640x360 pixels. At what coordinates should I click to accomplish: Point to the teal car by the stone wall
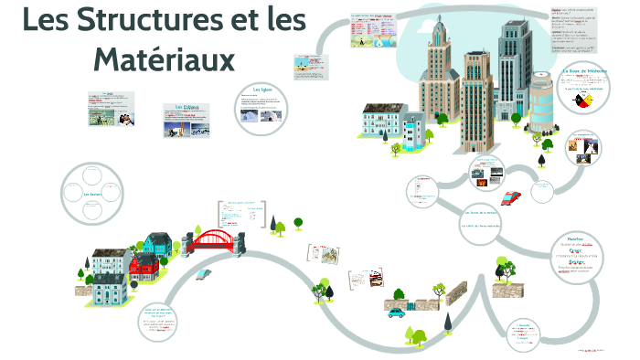pos(396,312)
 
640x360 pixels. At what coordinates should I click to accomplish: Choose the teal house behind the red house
pos(156,243)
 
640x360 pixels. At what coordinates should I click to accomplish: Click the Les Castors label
pos(92,195)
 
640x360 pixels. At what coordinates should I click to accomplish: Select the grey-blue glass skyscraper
pos(514,64)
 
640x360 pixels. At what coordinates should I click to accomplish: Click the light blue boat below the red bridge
pos(206,271)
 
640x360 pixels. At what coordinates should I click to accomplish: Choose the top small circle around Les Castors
pos(93,174)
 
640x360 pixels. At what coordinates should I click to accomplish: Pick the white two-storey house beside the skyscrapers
pos(381,122)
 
